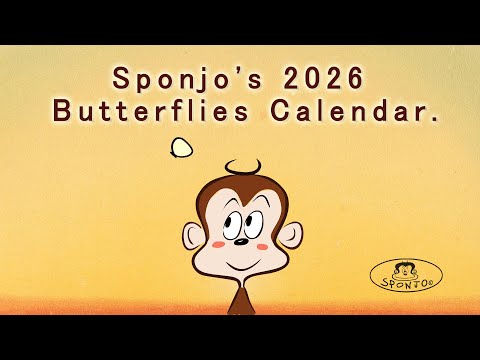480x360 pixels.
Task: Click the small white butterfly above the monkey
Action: [180, 149]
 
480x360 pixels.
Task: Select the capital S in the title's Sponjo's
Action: [121, 77]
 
